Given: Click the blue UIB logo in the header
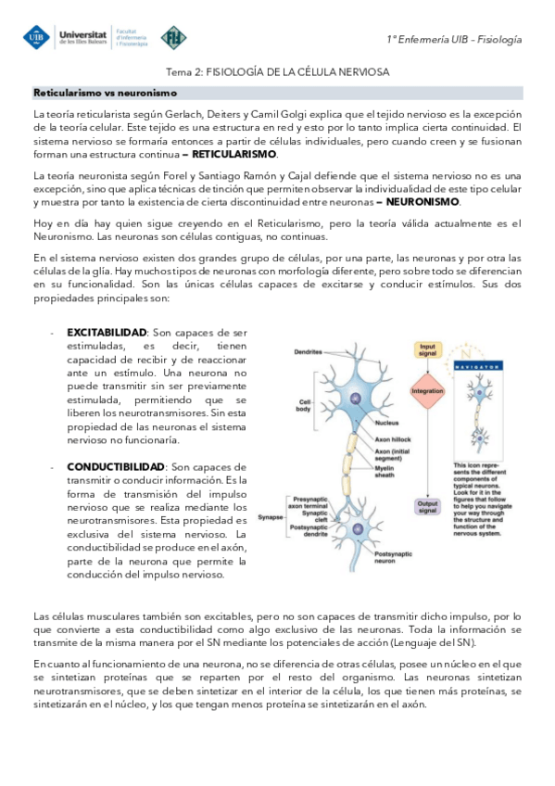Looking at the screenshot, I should point(37,38).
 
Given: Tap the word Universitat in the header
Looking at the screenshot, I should point(82,32).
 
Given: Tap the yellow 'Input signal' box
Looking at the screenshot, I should point(427,349).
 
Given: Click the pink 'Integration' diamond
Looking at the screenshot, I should point(427,391).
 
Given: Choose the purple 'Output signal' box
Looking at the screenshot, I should point(427,505).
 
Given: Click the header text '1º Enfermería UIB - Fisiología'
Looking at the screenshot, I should point(454,39).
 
